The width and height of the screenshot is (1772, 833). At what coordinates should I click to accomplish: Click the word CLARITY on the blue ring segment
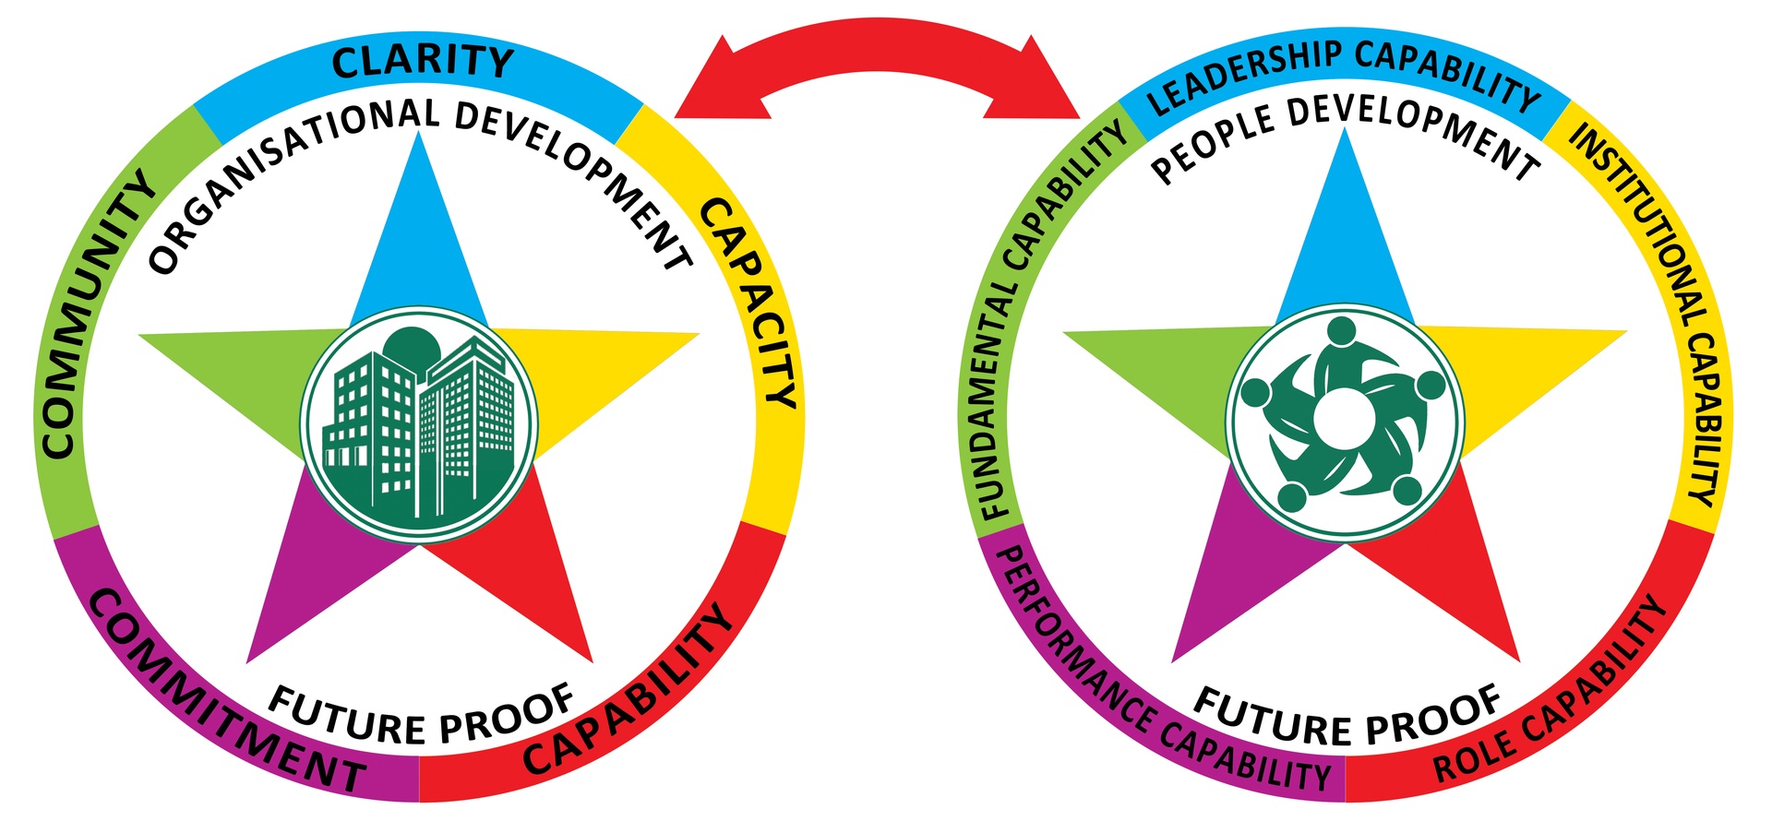pyautogui.click(x=422, y=62)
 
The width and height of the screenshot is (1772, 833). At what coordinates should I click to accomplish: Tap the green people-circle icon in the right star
pyautogui.click(x=1345, y=422)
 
